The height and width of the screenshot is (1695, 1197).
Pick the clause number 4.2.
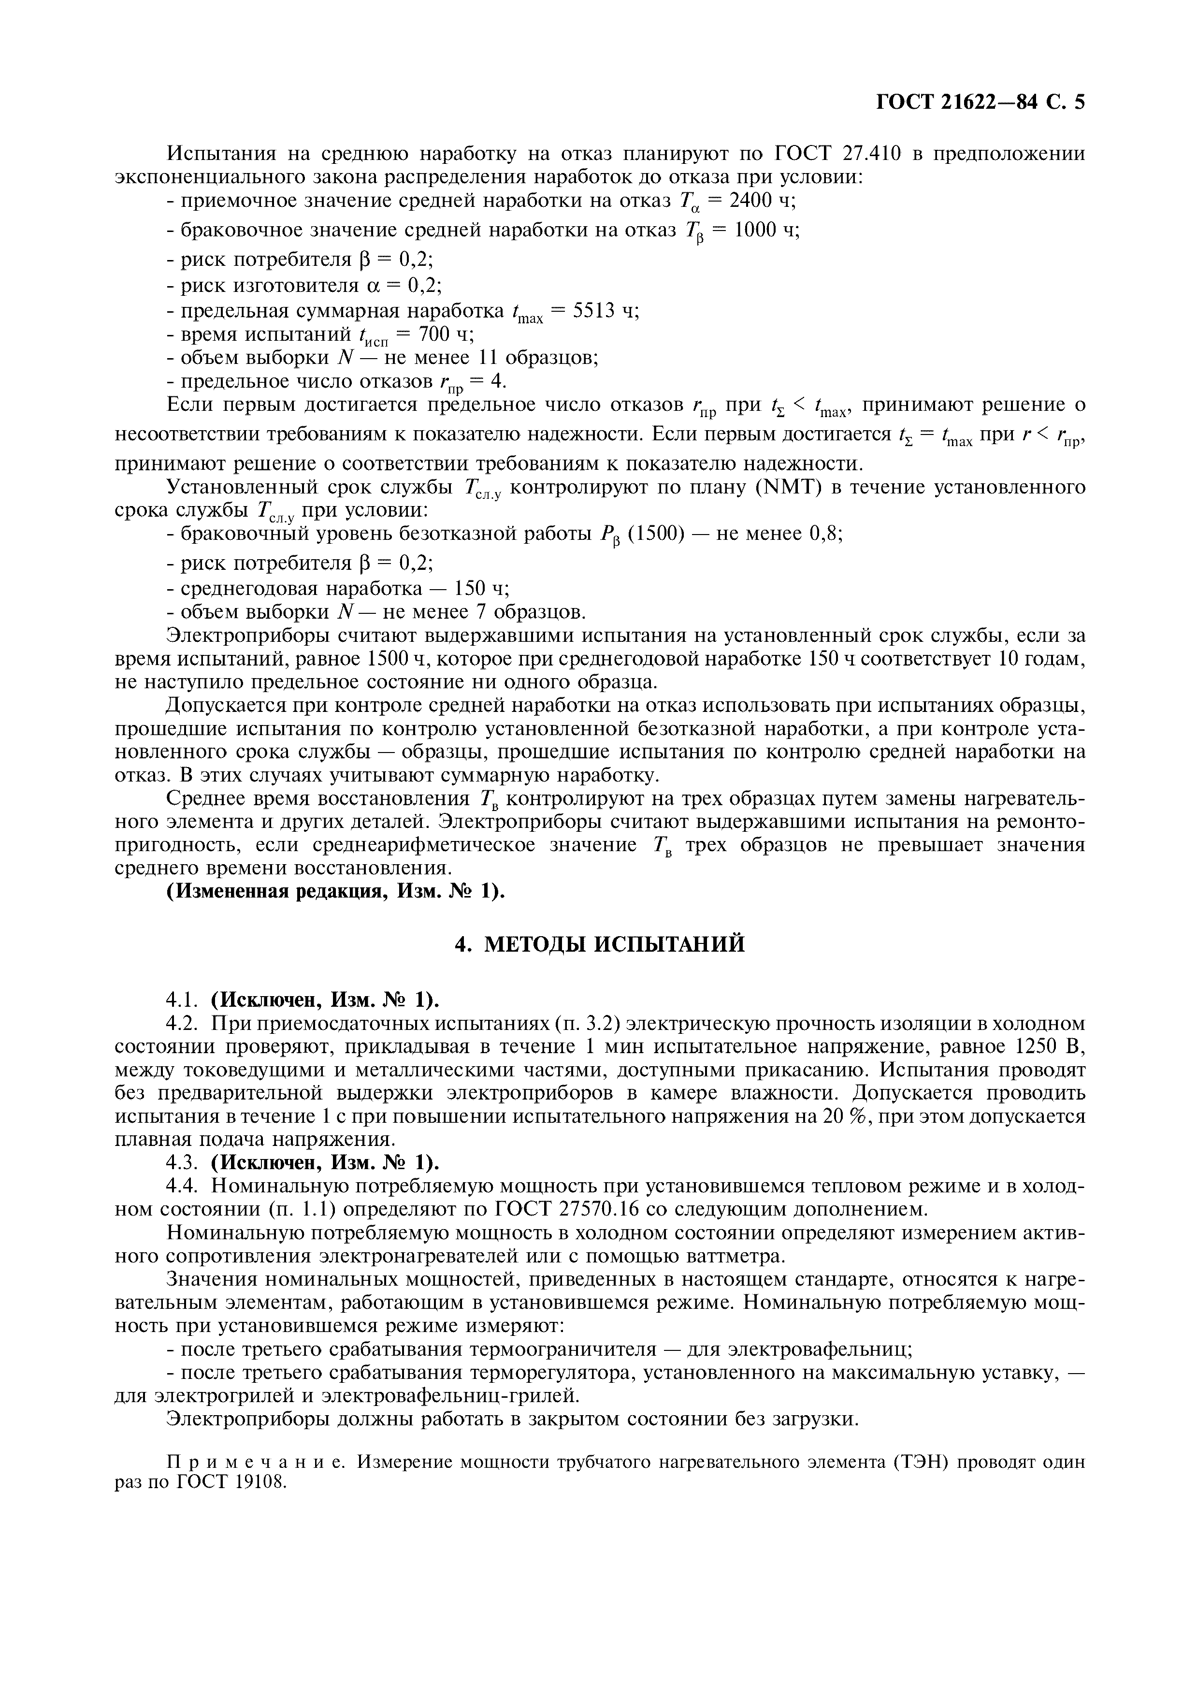(x=182, y=1024)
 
